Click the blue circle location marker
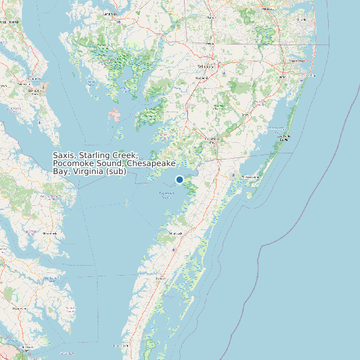click(x=179, y=179)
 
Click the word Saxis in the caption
click(x=63, y=155)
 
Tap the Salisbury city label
click(x=206, y=67)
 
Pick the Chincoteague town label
click(x=250, y=177)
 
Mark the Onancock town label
click(x=175, y=234)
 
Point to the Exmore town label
click(x=160, y=279)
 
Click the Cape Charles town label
click(x=120, y=345)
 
